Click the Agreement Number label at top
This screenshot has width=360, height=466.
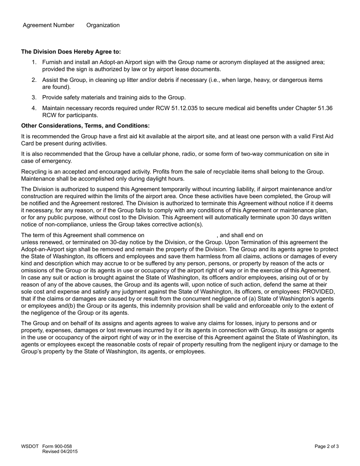(49, 25)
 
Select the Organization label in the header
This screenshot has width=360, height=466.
(103, 25)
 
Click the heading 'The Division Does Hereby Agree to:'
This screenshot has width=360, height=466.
(71, 52)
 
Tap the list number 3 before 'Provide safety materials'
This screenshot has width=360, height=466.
(34, 97)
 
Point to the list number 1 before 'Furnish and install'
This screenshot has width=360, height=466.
(34, 62)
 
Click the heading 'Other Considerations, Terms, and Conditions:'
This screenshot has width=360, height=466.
(85, 125)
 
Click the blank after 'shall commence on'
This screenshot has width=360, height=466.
(180, 235)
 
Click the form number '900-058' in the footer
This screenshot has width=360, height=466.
(63, 446)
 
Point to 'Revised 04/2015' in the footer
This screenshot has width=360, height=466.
(60, 452)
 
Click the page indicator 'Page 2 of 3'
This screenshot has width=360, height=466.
(327, 446)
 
